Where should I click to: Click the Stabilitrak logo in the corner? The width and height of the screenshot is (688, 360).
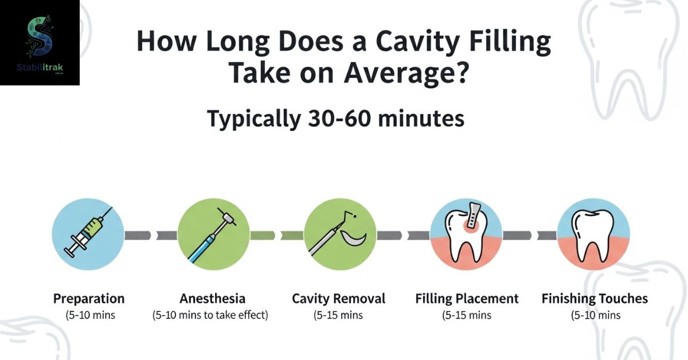tap(40, 42)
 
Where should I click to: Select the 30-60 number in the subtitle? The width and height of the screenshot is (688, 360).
tap(339, 119)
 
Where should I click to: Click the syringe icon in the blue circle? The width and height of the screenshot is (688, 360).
tap(88, 233)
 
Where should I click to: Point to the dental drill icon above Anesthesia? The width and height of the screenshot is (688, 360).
tap(212, 235)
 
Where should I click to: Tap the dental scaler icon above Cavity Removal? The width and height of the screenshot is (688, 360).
tap(337, 233)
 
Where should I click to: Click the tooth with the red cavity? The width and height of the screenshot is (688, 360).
tap(466, 237)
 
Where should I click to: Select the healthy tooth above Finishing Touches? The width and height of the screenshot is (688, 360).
tap(592, 236)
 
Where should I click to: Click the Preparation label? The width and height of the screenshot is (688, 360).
tap(89, 299)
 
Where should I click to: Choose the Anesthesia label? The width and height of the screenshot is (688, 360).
tap(213, 299)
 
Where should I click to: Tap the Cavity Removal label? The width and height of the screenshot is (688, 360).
tap(338, 299)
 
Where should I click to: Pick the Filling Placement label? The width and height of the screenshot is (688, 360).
tap(467, 299)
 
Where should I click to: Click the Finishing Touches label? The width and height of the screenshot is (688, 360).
tap(595, 299)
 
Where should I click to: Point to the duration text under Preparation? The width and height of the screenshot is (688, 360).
tap(91, 315)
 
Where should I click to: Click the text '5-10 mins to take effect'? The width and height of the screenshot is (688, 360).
tap(210, 315)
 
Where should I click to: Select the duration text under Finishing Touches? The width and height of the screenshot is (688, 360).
tap(596, 315)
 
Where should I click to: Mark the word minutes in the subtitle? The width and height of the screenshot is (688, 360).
tap(421, 119)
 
